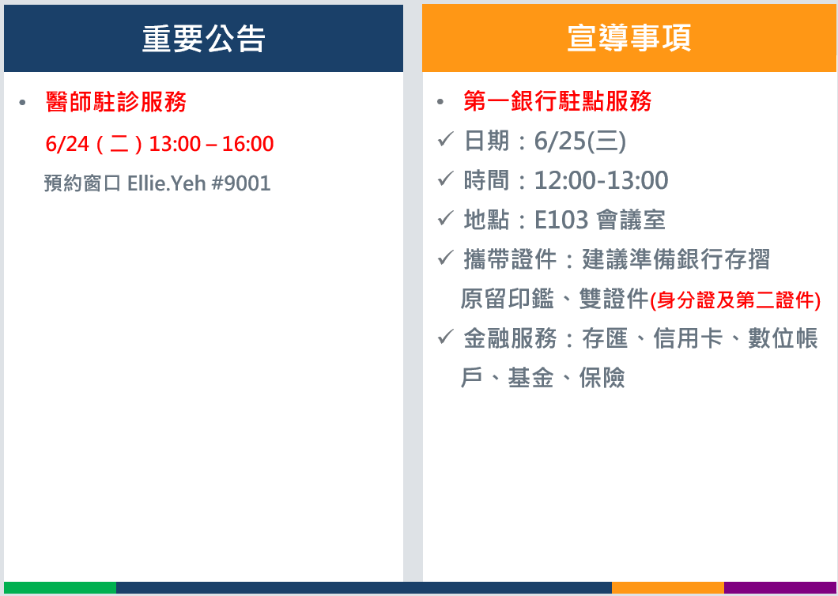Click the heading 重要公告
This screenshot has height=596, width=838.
(x=204, y=39)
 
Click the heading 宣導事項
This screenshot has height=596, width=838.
(x=629, y=39)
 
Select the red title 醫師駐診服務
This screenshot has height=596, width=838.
(x=116, y=101)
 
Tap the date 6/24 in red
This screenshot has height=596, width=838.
(x=67, y=144)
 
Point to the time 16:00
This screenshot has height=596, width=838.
(x=247, y=144)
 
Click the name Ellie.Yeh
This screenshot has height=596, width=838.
(x=167, y=183)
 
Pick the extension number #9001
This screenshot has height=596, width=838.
(x=242, y=183)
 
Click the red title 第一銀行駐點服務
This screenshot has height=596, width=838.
(x=557, y=101)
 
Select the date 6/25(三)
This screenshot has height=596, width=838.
(x=579, y=141)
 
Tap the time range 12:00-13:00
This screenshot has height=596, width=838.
(x=602, y=181)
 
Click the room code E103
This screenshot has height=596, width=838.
(x=561, y=220)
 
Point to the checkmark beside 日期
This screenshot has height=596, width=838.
(x=446, y=140)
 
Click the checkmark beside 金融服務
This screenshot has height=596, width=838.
(x=446, y=337)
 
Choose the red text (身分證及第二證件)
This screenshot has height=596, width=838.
(x=735, y=300)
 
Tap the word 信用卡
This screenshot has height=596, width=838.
(x=688, y=339)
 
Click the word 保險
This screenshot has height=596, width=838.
(x=602, y=378)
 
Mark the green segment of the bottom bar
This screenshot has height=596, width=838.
(x=60, y=587)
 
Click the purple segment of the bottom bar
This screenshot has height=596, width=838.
(x=779, y=587)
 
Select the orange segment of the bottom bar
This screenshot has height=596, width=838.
(x=668, y=587)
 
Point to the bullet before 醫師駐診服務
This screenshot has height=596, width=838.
(x=22, y=102)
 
